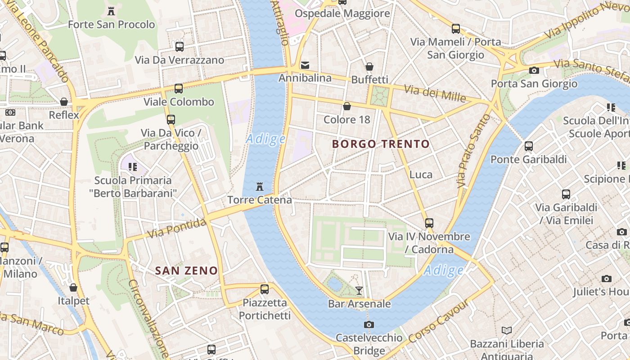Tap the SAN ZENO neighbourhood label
186,270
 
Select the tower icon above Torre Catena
259,186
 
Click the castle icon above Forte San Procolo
111,11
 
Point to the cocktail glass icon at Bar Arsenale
359,291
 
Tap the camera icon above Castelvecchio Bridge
369,324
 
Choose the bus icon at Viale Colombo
179,88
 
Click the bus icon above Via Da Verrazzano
179,46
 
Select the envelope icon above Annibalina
305,65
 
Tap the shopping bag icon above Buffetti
369,67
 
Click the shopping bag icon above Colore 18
347,106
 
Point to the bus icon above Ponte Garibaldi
528,146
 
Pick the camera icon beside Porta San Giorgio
534,70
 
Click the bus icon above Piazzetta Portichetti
265,289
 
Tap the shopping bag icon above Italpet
73,287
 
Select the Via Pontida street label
177,228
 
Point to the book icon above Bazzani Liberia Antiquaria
507,330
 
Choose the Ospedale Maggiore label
342,13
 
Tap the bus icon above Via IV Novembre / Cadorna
429,223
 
